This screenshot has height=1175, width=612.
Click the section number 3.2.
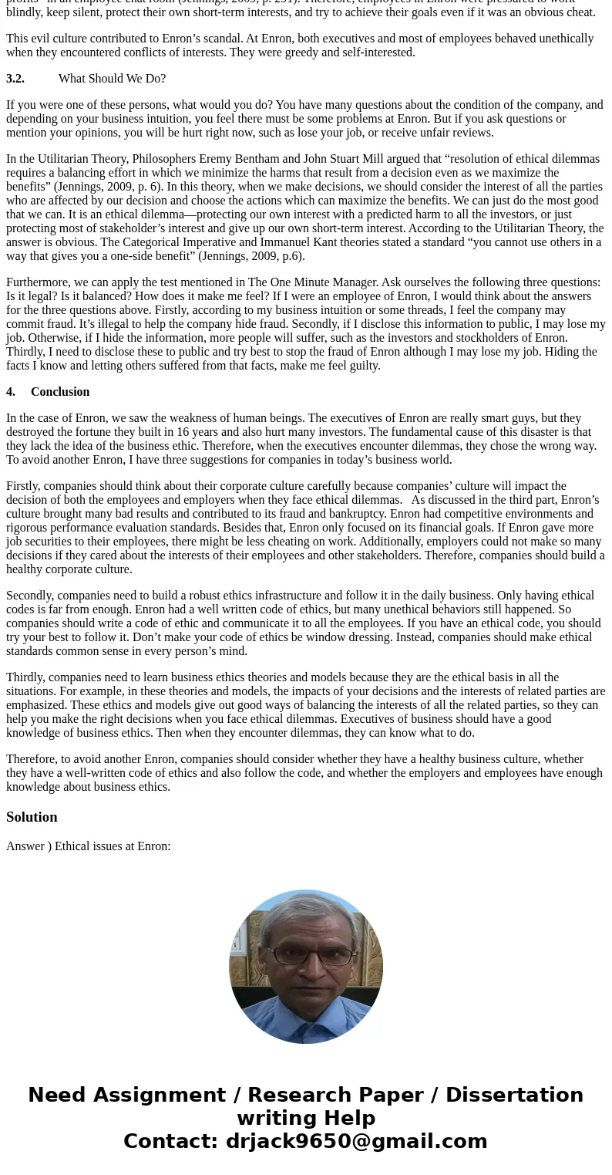point(15,79)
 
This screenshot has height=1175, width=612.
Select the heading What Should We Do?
point(112,79)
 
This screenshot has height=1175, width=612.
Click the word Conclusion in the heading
point(60,392)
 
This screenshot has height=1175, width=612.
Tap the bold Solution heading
point(32,817)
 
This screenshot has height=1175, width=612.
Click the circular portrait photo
point(306,967)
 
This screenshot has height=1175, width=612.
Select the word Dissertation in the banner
point(514,1096)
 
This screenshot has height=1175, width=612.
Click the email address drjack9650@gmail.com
point(356,1142)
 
